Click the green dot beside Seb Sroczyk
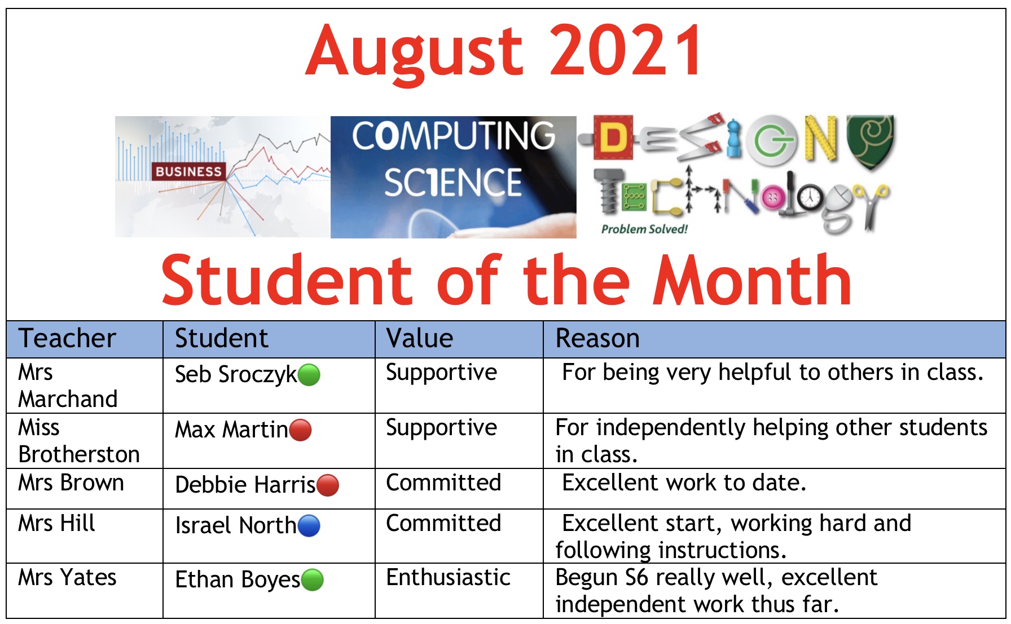coord(309,374)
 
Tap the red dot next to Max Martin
coord(300,430)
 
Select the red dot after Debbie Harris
coord(328,485)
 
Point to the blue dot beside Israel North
coord(309,525)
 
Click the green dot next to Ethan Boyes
coord(312,579)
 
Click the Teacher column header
coord(67,338)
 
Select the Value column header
coord(419,338)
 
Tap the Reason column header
coord(597,338)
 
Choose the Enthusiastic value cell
coord(448,577)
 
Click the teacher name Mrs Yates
coord(67,577)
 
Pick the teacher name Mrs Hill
coord(56,523)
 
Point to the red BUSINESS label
coord(188,171)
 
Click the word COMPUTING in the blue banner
coord(454,136)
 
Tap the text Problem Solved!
coord(644,229)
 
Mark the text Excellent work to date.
coord(684,483)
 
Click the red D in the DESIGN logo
coord(613,138)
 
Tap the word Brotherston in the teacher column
coord(79,454)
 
